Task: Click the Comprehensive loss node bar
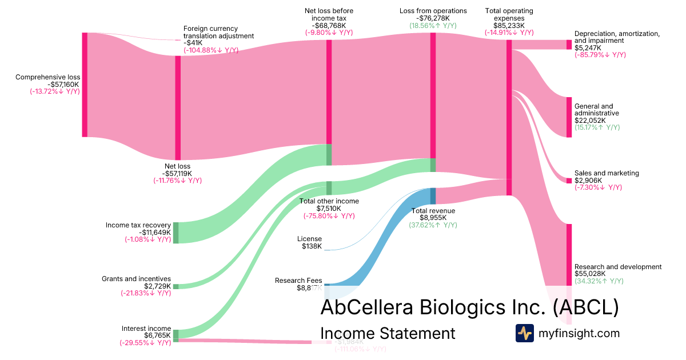click(85, 85)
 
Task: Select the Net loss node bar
click(178, 107)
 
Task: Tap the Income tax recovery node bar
click(176, 233)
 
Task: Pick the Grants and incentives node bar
click(176, 286)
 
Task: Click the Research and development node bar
click(569, 254)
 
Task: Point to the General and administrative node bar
click(569, 117)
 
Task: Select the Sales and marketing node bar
click(569, 181)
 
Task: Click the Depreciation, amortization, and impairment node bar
click(569, 45)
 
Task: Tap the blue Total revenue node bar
click(433, 196)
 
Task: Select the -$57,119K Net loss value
click(177, 173)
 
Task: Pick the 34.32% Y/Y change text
click(599, 281)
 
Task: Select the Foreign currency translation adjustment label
click(218, 32)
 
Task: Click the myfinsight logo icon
click(524, 333)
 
